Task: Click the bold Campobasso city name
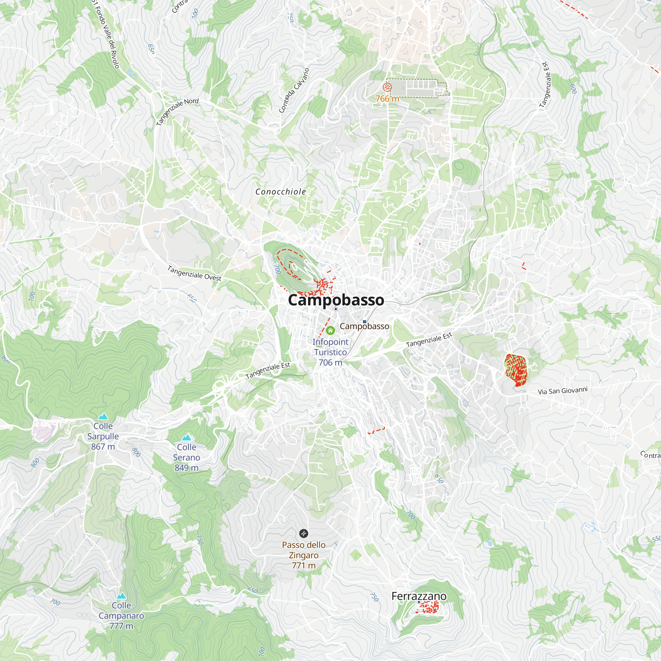[x=336, y=300]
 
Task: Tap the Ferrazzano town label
[x=419, y=596]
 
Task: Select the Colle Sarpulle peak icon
[x=103, y=416]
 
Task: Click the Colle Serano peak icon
[x=186, y=438]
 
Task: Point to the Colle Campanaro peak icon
[x=121, y=596]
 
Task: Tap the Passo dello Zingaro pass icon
[x=303, y=533]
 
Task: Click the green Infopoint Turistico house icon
[x=330, y=330]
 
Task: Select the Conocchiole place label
[x=281, y=192]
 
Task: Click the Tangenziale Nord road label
[x=177, y=111]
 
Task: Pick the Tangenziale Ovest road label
[x=194, y=273]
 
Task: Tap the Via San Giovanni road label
[x=563, y=391]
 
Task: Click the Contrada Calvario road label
[x=294, y=90]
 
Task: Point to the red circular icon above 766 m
[x=387, y=87]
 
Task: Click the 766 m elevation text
[x=387, y=99]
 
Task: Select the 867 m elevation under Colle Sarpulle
[x=103, y=447]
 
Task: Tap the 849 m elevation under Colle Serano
[x=186, y=468]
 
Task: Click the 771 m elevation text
[x=303, y=565]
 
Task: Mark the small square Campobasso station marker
[x=364, y=322]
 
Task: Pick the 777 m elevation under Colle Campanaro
[x=121, y=626]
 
